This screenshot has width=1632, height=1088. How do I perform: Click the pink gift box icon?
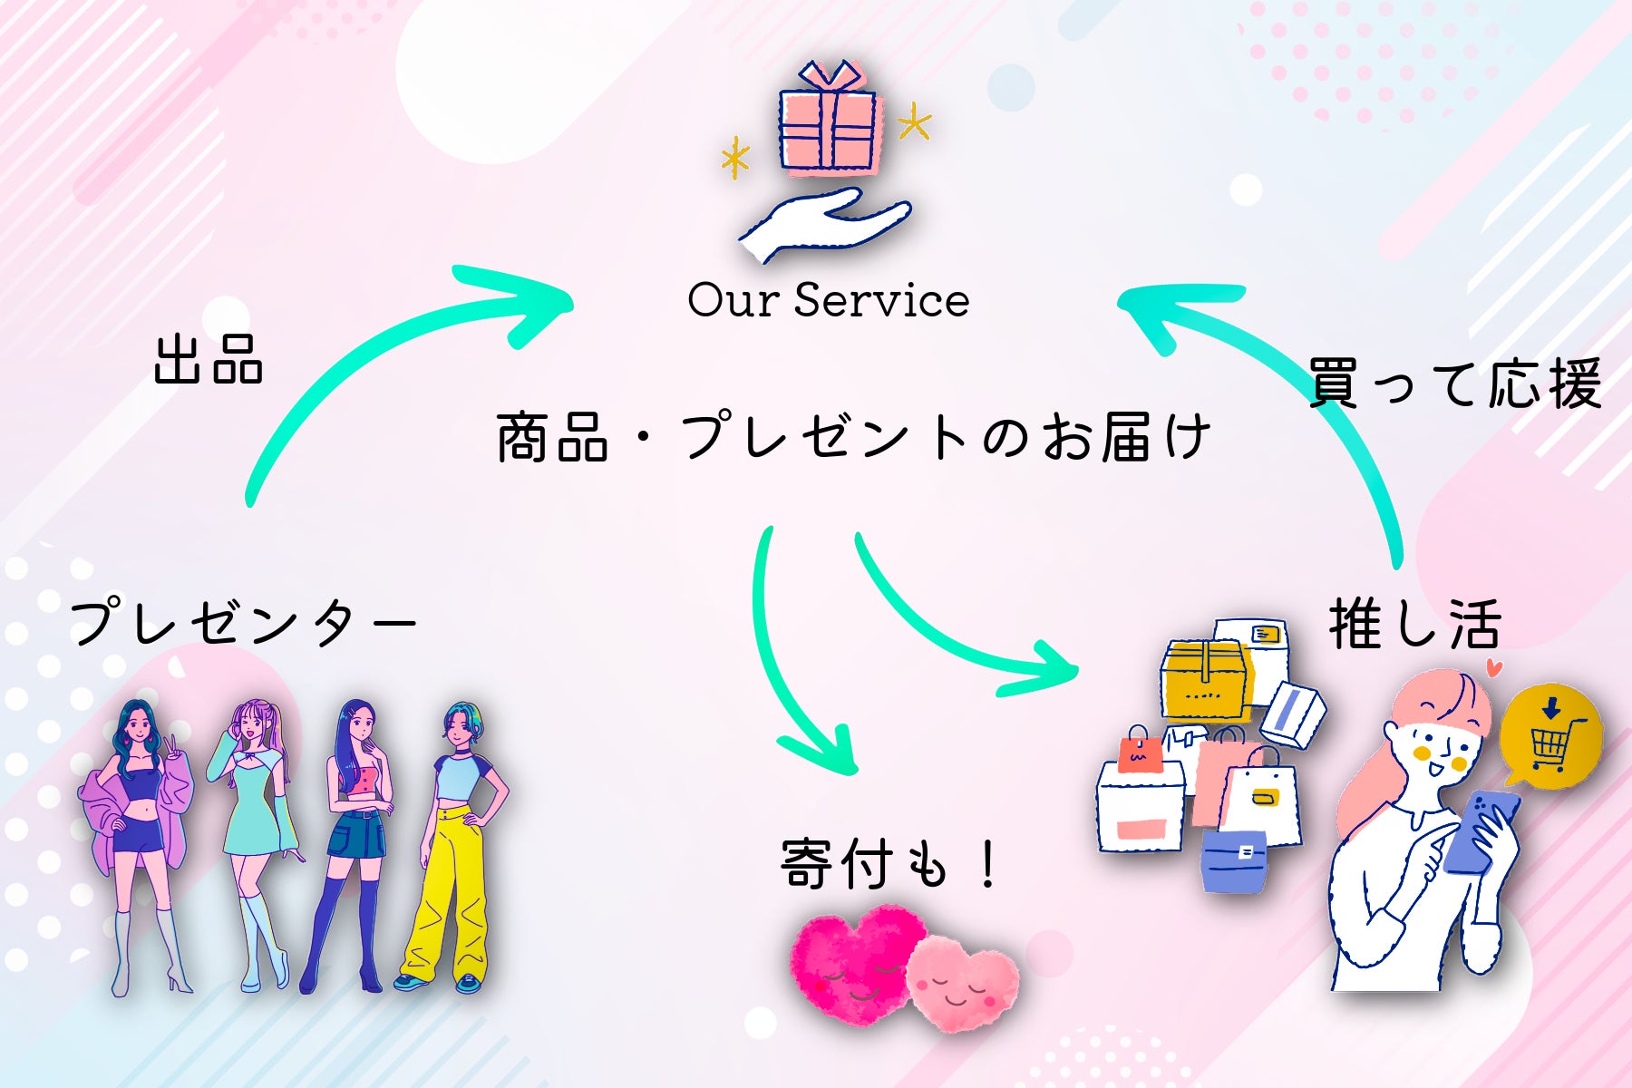tap(828, 123)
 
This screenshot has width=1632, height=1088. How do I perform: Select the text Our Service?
tap(828, 300)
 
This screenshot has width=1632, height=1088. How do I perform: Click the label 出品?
tap(209, 360)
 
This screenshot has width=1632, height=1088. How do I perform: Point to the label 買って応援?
tap(1454, 384)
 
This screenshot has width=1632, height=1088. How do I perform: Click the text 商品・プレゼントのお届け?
tap(852, 437)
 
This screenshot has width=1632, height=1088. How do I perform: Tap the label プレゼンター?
tap(243, 622)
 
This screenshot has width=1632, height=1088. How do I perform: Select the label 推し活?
tap(1414, 625)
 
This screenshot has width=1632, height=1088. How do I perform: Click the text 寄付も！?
tap(889, 864)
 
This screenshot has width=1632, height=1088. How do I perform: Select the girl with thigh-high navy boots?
tap(354, 843)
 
